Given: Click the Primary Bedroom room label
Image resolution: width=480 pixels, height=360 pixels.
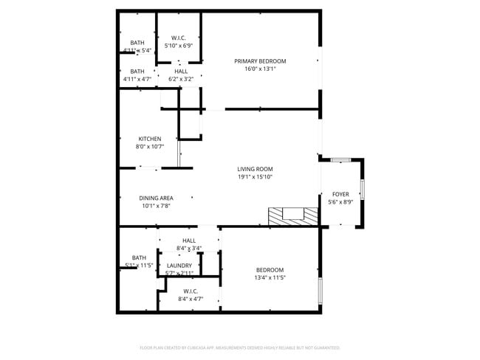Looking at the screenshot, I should point(260,61).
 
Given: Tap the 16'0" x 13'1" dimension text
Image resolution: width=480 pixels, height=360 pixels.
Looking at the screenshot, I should point(260,69).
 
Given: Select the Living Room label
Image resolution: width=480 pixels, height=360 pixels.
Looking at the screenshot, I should point(255,169).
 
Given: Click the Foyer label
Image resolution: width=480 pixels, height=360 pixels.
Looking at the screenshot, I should point(340,194).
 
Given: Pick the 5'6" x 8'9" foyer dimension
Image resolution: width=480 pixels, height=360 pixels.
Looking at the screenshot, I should point(340,202).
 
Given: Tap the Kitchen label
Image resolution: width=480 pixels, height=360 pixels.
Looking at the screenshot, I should point(150,139).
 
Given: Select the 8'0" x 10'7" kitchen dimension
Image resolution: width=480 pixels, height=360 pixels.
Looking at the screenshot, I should point(150,147).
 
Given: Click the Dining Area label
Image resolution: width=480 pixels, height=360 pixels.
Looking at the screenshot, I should point(157,198).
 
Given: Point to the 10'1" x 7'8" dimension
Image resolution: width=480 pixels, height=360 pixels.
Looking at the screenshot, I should point(157,206).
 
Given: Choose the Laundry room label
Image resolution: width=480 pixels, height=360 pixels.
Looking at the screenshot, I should point(179,266).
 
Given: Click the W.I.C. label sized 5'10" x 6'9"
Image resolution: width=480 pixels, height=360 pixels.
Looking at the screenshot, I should point(178,38).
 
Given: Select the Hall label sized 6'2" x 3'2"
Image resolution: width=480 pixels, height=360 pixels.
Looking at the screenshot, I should point(181,71).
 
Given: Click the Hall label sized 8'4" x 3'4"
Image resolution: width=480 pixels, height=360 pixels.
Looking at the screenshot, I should point(189,240).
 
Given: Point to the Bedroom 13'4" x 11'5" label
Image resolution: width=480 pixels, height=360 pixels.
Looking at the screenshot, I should point(270,270).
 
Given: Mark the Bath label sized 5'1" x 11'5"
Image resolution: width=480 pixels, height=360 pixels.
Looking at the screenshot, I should point(139,257).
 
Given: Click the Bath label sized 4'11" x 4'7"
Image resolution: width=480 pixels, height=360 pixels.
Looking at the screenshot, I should point(137,71).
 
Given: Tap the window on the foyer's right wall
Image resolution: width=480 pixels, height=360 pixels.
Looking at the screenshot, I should point(362,190).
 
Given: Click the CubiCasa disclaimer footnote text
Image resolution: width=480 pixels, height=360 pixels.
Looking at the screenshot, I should point(239,347).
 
